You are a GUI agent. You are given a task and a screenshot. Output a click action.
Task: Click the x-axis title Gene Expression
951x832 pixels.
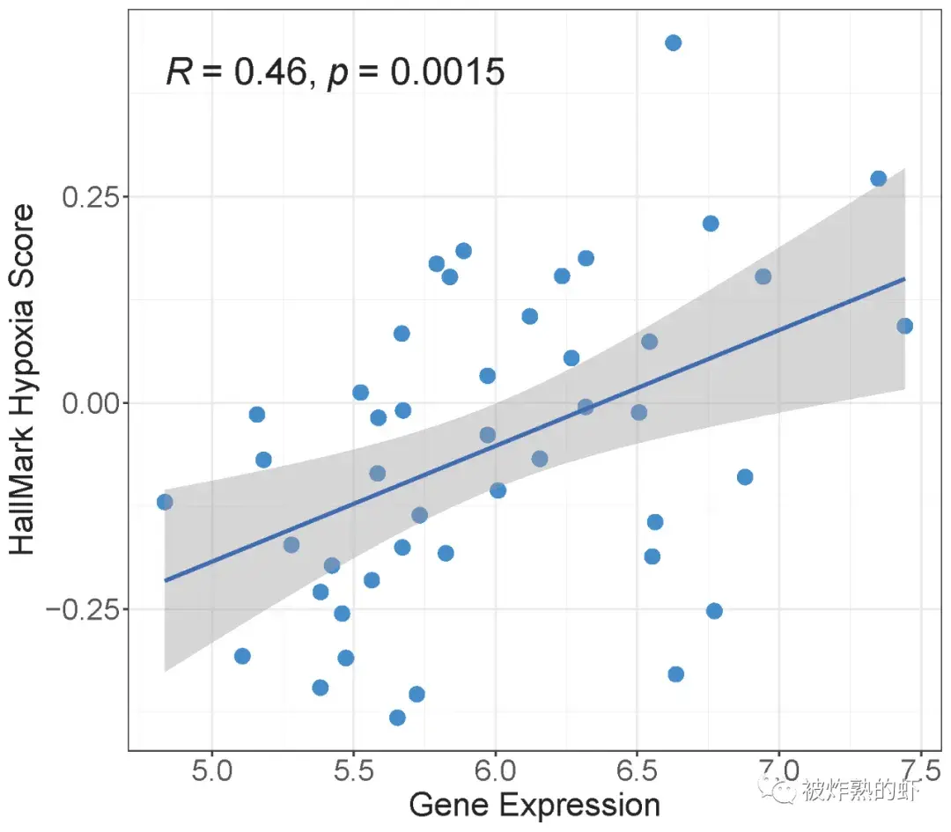click(x=534, y=805)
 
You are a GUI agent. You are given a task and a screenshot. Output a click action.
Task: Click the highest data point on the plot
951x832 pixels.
click(x=673, y=42)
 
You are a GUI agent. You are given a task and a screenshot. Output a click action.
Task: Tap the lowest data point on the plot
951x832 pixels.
click(x=397, y=718)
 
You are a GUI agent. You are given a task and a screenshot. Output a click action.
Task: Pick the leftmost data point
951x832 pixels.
click(x=165, y=502)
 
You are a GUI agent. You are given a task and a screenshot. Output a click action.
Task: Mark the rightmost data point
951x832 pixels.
click(x=904, y=326)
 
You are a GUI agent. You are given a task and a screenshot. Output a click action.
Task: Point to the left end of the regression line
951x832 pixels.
click(x=166, y=580)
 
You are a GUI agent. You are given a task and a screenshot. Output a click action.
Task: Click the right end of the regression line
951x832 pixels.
click(x=904, y=278)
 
